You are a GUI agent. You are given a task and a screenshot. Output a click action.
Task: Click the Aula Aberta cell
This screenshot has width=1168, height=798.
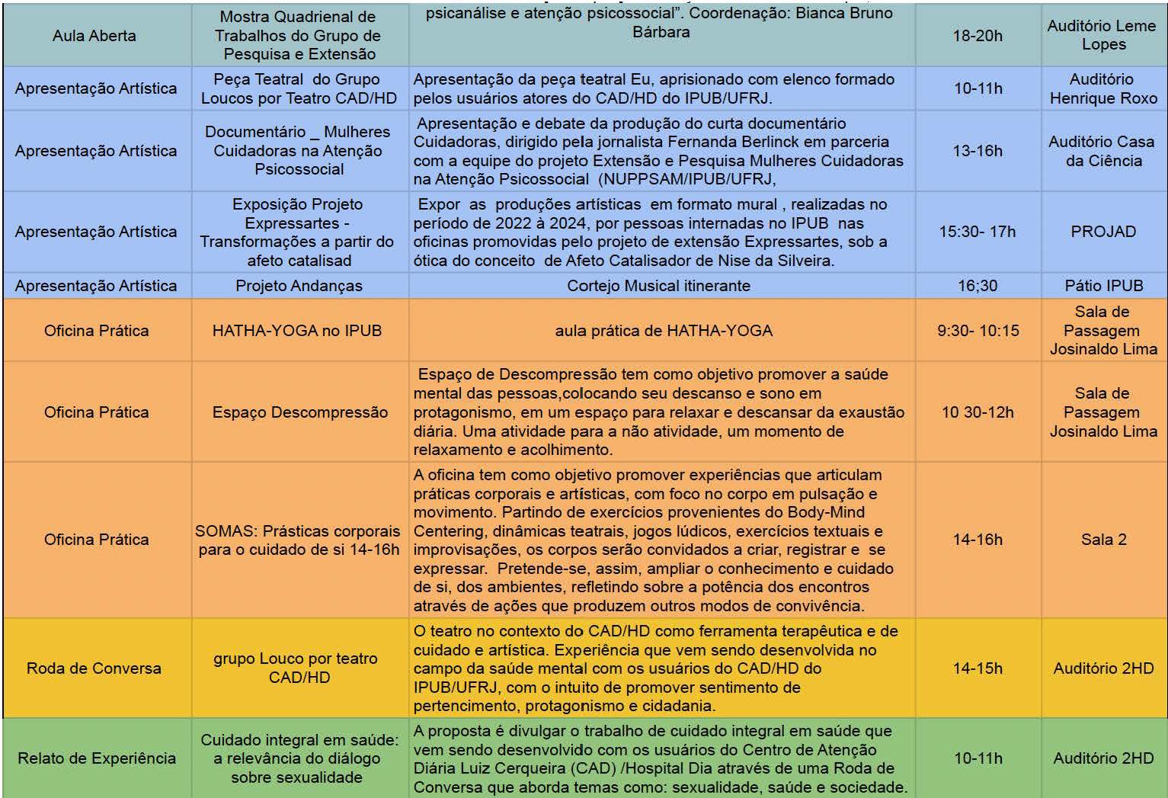pos(94,36)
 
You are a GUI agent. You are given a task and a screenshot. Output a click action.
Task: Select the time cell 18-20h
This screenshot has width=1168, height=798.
pos(978,36)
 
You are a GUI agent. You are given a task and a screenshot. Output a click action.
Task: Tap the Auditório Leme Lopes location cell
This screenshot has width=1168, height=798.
pos(1102,35)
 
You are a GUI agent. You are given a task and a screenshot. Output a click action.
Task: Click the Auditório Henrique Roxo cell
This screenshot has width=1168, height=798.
pos(1102,88)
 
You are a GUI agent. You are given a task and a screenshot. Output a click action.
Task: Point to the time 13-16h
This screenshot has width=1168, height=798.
pos(978,151)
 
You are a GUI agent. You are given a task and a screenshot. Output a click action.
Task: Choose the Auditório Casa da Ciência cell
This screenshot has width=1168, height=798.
pos(1102,151)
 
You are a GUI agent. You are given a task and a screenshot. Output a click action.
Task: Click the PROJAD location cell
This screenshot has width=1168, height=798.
pos(1102,232)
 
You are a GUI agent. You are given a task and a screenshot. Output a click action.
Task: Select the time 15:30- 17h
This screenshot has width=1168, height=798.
pos(978,232)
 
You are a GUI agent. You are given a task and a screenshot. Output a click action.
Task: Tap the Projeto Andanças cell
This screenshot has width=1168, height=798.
pos(299,286)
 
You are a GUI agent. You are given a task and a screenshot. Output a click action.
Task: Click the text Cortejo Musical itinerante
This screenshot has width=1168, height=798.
pos(658,286)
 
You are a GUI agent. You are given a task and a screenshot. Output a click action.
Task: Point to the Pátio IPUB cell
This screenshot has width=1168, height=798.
pos(1103,286)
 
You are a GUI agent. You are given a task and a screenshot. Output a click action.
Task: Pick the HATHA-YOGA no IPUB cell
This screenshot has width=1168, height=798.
pos(297,331)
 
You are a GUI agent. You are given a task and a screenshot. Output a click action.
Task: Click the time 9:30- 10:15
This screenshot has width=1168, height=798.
pos(978,331)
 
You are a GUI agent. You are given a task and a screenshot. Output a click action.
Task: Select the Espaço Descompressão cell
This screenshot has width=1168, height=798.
pos(299,412)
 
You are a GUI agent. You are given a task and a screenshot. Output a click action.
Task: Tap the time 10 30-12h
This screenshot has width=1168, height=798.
pos(978,412)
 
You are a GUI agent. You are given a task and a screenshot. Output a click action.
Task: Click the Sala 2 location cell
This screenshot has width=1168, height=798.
pos(1103,540)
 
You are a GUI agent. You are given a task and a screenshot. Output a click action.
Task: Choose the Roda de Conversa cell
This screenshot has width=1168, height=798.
pos(94,668)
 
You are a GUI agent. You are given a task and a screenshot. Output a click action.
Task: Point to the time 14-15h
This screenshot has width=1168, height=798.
pos(978,668)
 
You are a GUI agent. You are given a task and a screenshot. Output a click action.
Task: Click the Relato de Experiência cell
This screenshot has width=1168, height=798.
pos(96,758)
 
